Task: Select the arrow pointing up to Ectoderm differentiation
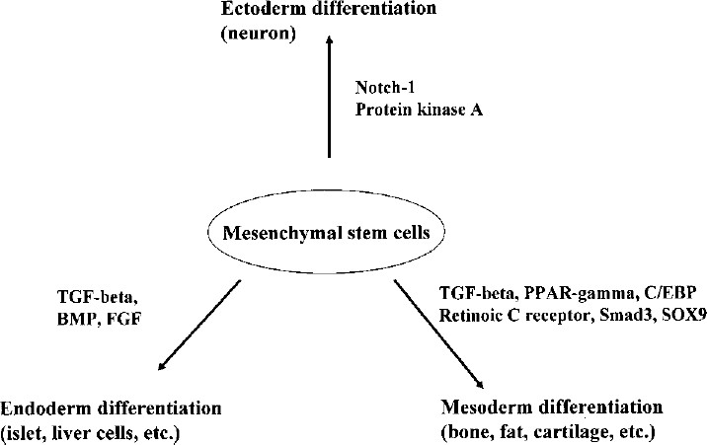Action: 330,99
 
